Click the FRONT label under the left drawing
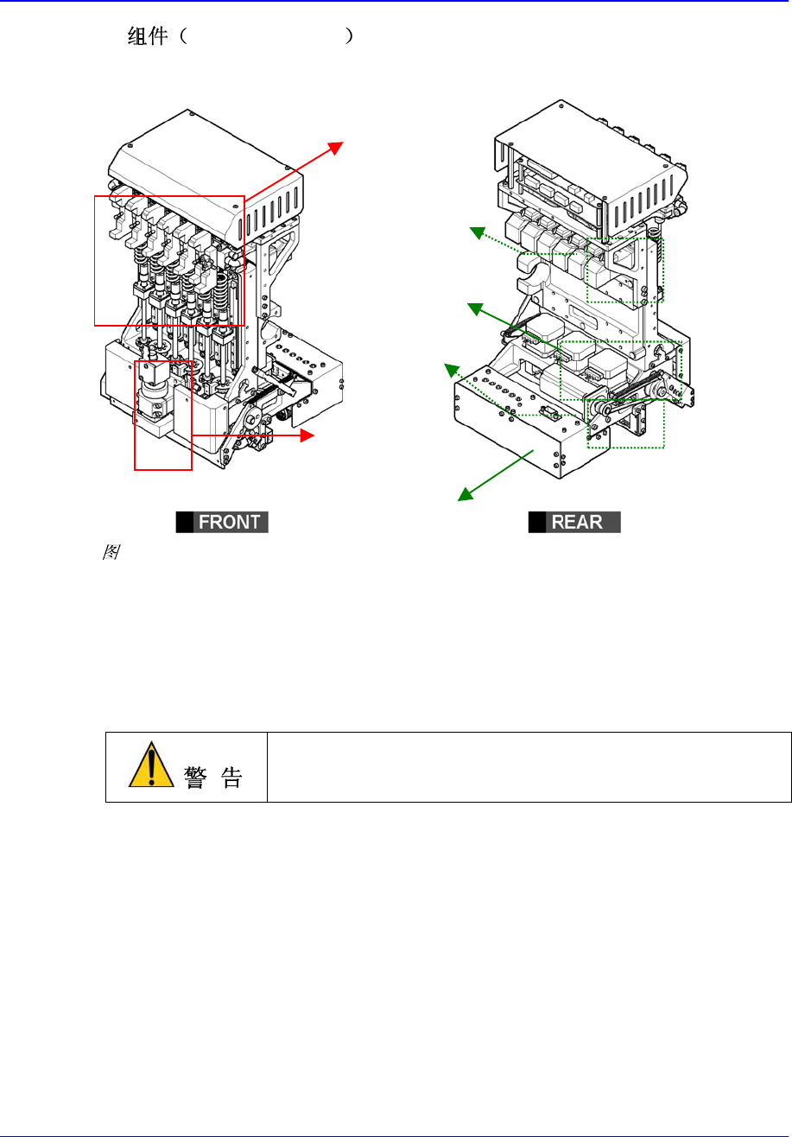[230, 522]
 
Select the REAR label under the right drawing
[582, 522]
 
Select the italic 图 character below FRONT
[111, 554]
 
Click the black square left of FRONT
[183, 522]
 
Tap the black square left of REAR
[536, 522]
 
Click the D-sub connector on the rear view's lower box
[546, 410]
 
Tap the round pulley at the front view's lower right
[253, 421]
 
